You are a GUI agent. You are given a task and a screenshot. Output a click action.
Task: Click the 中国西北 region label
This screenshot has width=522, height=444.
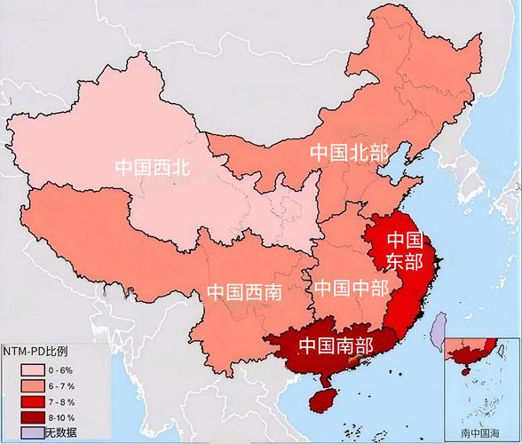tap(153, 165)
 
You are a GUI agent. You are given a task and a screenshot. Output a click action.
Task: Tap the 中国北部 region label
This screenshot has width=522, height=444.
tap(349, 152)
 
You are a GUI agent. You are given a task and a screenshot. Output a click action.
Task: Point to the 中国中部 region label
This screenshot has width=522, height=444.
tap(351, 289)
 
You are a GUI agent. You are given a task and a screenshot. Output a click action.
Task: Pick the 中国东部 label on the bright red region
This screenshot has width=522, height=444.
tap(404, 250)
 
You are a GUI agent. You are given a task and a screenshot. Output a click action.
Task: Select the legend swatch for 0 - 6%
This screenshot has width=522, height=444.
tap(32, 369)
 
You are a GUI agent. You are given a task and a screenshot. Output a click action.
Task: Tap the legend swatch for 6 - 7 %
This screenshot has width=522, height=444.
tap(32, 386)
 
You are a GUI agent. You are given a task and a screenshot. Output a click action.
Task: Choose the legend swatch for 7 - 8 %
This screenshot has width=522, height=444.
tap(32, 402)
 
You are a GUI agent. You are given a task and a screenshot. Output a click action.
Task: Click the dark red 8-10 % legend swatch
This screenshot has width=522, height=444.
tap(32, 417)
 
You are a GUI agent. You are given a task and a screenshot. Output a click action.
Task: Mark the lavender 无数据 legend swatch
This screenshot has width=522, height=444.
tap(32, 432)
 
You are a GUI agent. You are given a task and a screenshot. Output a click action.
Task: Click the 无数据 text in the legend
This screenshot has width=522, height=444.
tap(60, 432)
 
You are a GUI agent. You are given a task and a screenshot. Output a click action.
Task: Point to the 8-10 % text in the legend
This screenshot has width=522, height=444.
tap(62, 417)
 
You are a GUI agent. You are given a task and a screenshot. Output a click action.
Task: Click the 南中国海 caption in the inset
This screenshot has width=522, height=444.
tap(480, 432)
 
